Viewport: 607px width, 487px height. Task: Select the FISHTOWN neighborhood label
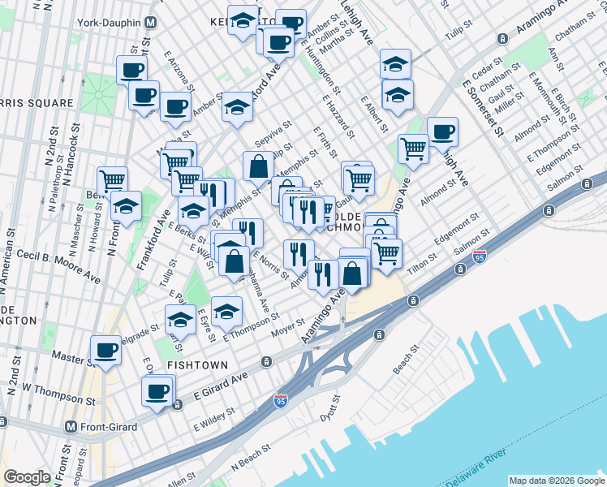click(197, 366)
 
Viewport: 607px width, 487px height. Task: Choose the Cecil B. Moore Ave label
click(62, 266)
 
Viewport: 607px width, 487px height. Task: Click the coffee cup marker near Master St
click(105, 350)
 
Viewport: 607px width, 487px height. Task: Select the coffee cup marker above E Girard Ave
click(157, 391)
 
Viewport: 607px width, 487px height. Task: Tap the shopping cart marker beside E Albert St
click(413, 149)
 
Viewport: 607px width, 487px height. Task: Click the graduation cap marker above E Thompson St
click(227, 311)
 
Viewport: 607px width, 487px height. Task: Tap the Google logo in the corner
click(28, 477)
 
